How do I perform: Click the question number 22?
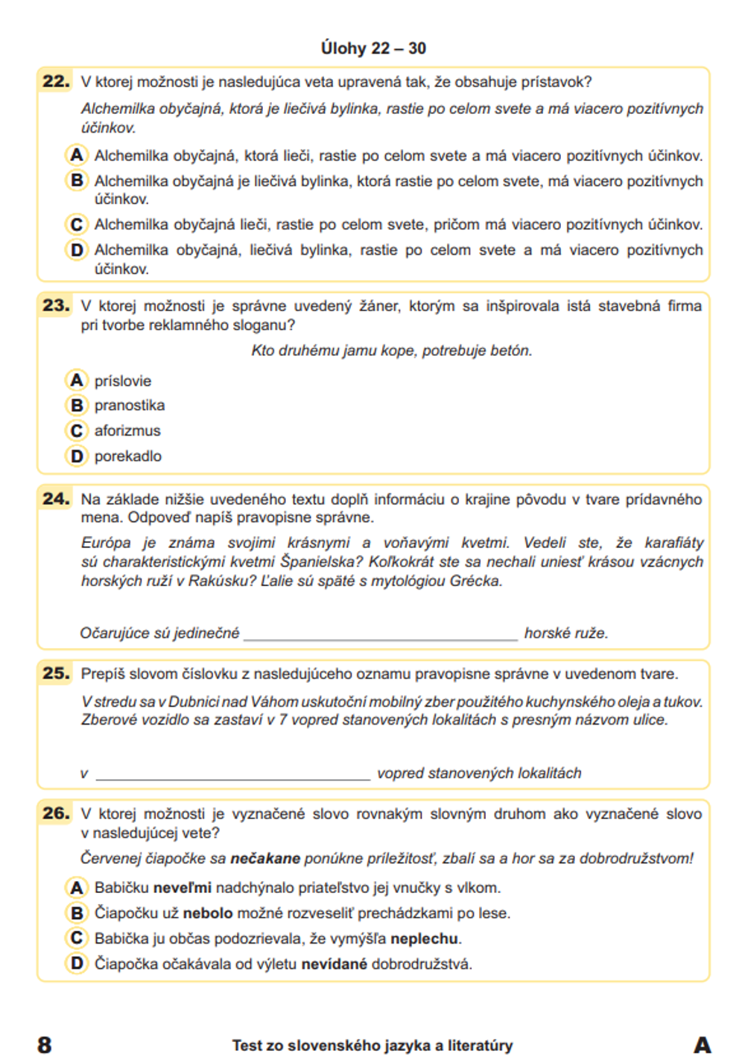(56, 81)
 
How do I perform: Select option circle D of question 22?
(77, 250)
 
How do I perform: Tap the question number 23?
(56, 305)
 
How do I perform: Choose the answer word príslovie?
(123, 381)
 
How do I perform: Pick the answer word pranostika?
(130, 406)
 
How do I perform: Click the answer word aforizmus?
(127, 431)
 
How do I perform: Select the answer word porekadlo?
(128, 457)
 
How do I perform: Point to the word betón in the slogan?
(513, 351)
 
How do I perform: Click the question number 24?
(56, 499)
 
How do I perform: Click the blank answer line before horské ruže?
(381, 635)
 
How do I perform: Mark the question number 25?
(56, 674)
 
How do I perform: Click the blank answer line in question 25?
(233, 775)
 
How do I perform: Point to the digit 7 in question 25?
(283, 720)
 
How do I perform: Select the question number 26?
(56, 813)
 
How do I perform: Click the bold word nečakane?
(265, 859)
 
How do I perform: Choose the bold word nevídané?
(335, 964)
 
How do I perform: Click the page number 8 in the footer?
(45, 1045)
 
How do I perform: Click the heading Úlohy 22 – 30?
(373, 48)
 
